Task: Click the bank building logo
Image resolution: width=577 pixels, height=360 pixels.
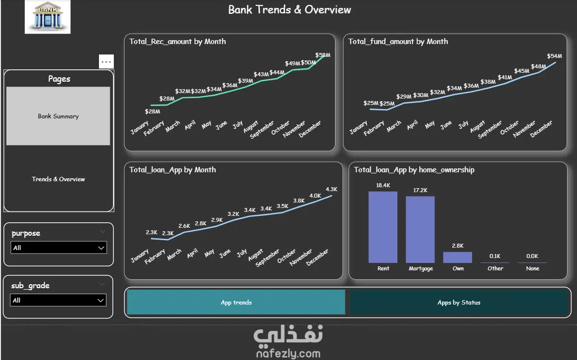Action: click(x=48, y=17)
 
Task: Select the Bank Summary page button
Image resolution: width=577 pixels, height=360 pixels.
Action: click(x=58, y=116)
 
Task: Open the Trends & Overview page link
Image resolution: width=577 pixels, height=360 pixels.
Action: click(x=58, y=179)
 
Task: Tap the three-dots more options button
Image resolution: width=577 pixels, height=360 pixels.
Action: click(x=106, y=61)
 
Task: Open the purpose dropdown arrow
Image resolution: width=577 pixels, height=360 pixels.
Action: click(x=101, y=248)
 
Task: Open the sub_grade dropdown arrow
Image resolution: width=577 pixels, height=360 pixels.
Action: click(x=100, y=301)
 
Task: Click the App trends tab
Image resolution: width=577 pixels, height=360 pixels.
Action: click(x=236, y=302)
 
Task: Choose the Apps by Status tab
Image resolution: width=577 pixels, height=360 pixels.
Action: click(x=459, y=302)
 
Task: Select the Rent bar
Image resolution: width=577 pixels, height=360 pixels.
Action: click(x=383, y=227)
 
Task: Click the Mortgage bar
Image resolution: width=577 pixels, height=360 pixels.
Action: click(x=420, y=229)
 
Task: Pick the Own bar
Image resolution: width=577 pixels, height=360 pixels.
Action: click(x=457, y=257)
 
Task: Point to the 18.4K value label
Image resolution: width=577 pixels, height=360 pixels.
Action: click(x=383, y=185)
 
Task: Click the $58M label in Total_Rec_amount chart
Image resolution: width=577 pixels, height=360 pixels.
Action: click(x=323, y=55)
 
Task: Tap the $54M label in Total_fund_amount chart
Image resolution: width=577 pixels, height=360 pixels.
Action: click(x=555, y=56)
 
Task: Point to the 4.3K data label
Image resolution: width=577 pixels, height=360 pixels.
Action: click(x=332, y=189)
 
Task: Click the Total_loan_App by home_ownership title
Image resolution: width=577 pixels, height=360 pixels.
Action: click(x=414, y=170)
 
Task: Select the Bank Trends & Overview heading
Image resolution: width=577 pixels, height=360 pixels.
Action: click(x=289, y=9)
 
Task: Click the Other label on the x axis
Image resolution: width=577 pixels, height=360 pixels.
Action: click(x=495, y=268)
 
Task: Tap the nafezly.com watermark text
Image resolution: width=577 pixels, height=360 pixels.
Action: click(x=288, y=354)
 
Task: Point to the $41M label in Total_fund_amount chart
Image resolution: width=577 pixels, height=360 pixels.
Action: click(x=505, y=77)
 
